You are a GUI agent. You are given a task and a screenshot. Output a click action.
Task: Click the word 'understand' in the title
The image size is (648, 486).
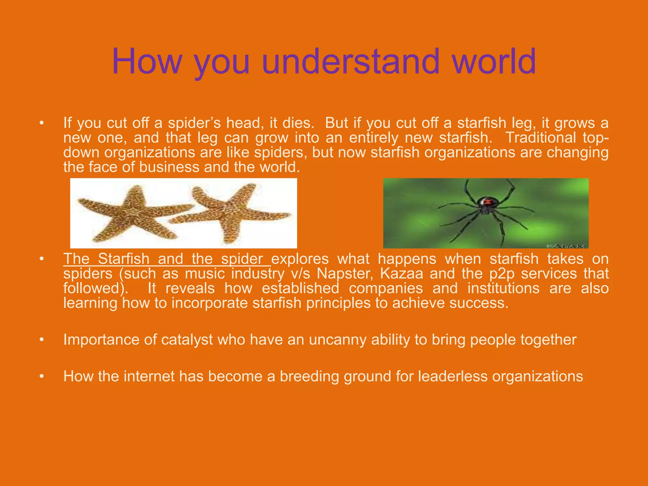pos(351,61)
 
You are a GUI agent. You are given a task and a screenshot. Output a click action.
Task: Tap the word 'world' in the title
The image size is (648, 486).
pos(494,61)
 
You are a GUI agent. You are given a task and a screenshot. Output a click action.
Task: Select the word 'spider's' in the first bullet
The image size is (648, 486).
pos(194,123)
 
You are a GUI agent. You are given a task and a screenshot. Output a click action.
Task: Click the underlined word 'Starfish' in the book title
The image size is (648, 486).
pos(123,259)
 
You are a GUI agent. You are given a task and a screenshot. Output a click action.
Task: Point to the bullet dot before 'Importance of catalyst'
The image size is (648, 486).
pos(41,340)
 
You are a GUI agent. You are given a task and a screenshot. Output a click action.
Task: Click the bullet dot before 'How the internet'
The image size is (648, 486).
pos(41,377)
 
